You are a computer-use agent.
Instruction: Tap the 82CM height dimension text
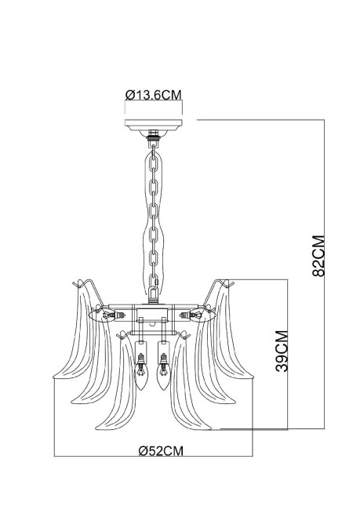[x=318, y=255]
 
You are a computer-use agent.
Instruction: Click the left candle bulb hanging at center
[x=142, y=379]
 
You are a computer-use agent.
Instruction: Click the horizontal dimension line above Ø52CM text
[x=152, y=457]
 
